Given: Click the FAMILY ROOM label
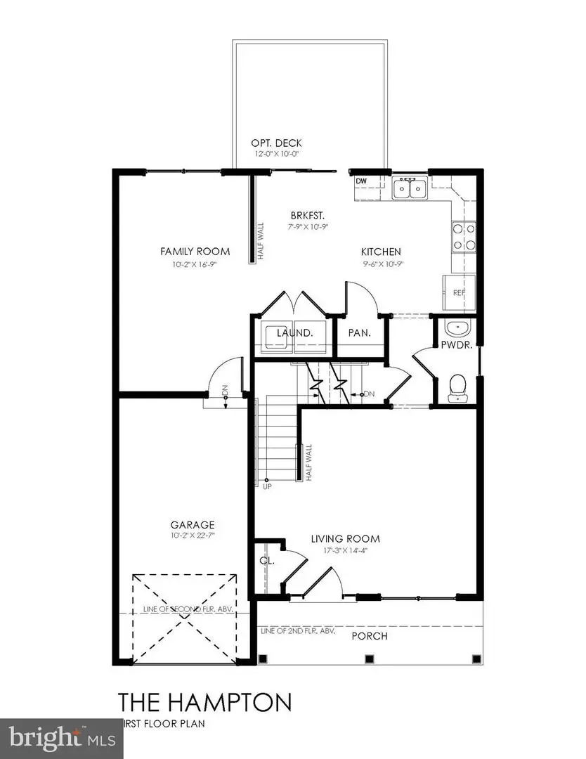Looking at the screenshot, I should [195, 252].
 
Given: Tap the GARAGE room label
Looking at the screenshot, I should [192, 524].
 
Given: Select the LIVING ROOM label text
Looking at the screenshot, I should [345, 539].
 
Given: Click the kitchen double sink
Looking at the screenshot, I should [410, 189].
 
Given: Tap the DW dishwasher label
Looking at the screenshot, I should [362, 181].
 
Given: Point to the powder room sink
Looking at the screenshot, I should [458, 327].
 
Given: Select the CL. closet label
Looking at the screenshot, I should [266, 562].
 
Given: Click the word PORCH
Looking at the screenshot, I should [370, 636].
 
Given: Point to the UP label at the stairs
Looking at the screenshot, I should [267, 486].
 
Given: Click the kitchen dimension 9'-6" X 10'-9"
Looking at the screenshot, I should [381, 264].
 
